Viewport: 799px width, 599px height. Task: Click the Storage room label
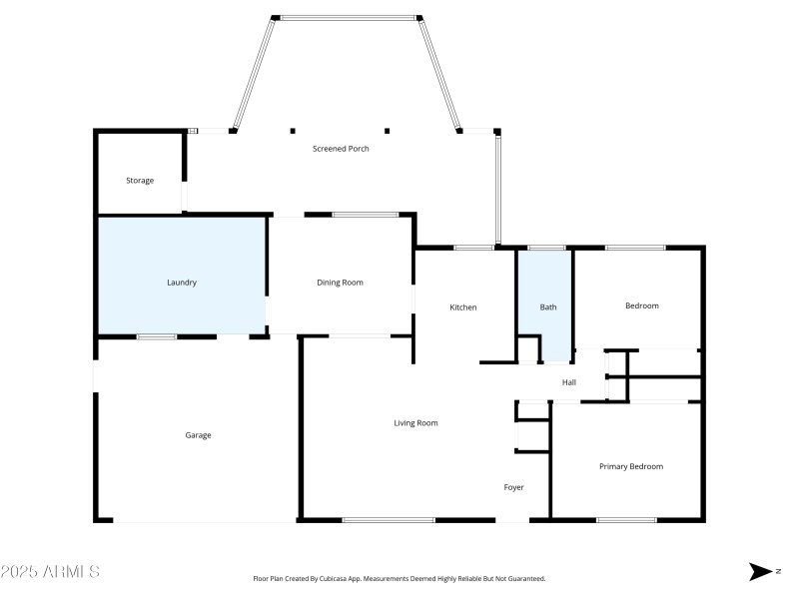[140, 181]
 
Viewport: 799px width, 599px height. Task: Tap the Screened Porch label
[341, 149]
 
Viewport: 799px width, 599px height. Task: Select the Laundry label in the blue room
[181, 283]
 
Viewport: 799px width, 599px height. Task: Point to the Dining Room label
[340, 283]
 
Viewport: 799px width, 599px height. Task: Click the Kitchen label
[462, 307]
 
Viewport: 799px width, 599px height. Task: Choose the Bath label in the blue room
[548, 307]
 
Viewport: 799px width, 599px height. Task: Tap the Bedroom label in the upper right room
[641, 306]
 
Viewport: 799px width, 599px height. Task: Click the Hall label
[568, 382]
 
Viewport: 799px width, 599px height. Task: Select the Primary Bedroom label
[630, 466]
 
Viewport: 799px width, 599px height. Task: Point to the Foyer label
[513, 487]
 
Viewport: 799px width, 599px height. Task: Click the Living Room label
[415, 423]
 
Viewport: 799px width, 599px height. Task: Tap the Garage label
[198, 435]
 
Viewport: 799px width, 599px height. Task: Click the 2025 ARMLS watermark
[50, 572]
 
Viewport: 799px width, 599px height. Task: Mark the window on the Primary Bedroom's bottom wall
[626, 519]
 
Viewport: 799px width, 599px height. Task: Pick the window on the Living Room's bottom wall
[388, 519]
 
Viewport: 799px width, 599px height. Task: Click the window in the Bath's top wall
[546, 247]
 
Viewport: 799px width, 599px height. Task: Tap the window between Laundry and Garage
[157, 336]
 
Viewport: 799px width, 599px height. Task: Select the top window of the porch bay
[348, 17]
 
